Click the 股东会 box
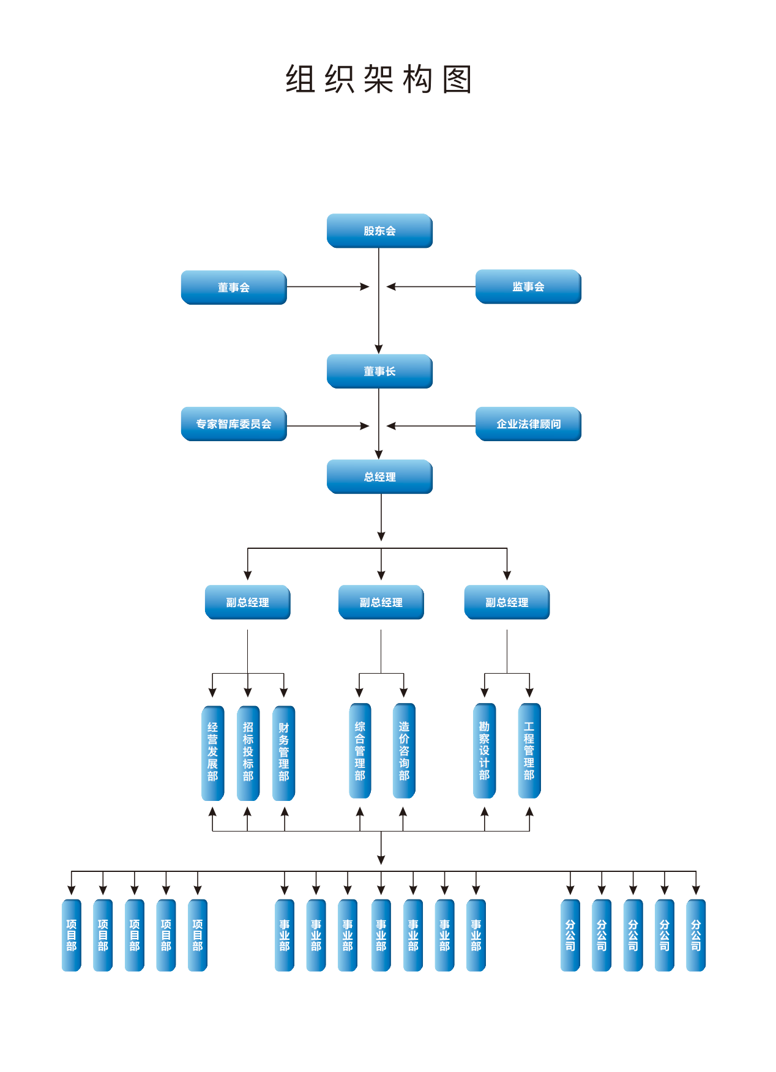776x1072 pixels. tap(379, 231)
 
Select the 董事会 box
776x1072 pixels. tap(234, 287)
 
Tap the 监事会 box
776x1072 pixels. tap(528, 286)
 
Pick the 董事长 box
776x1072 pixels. tap(379, 371)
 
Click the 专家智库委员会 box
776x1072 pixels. tap(234, 423)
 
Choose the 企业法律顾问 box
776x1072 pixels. tap(528, 423)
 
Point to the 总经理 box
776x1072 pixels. tap(379, 477)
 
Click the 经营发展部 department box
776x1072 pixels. tap(212, 753)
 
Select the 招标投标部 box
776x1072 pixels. tap(248, 753)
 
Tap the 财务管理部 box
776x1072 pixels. tap(283, 753)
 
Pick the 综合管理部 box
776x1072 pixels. tap(360, 751)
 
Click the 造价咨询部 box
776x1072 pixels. tap(404, 751)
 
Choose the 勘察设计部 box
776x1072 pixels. tap(484, 751)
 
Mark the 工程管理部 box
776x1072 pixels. tap(529, 751)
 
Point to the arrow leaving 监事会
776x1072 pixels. tap(431, 286)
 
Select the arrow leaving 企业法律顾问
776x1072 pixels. tap(431, 426)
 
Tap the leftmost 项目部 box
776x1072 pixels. tap(72, 935)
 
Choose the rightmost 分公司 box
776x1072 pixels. tap(696, 935)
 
